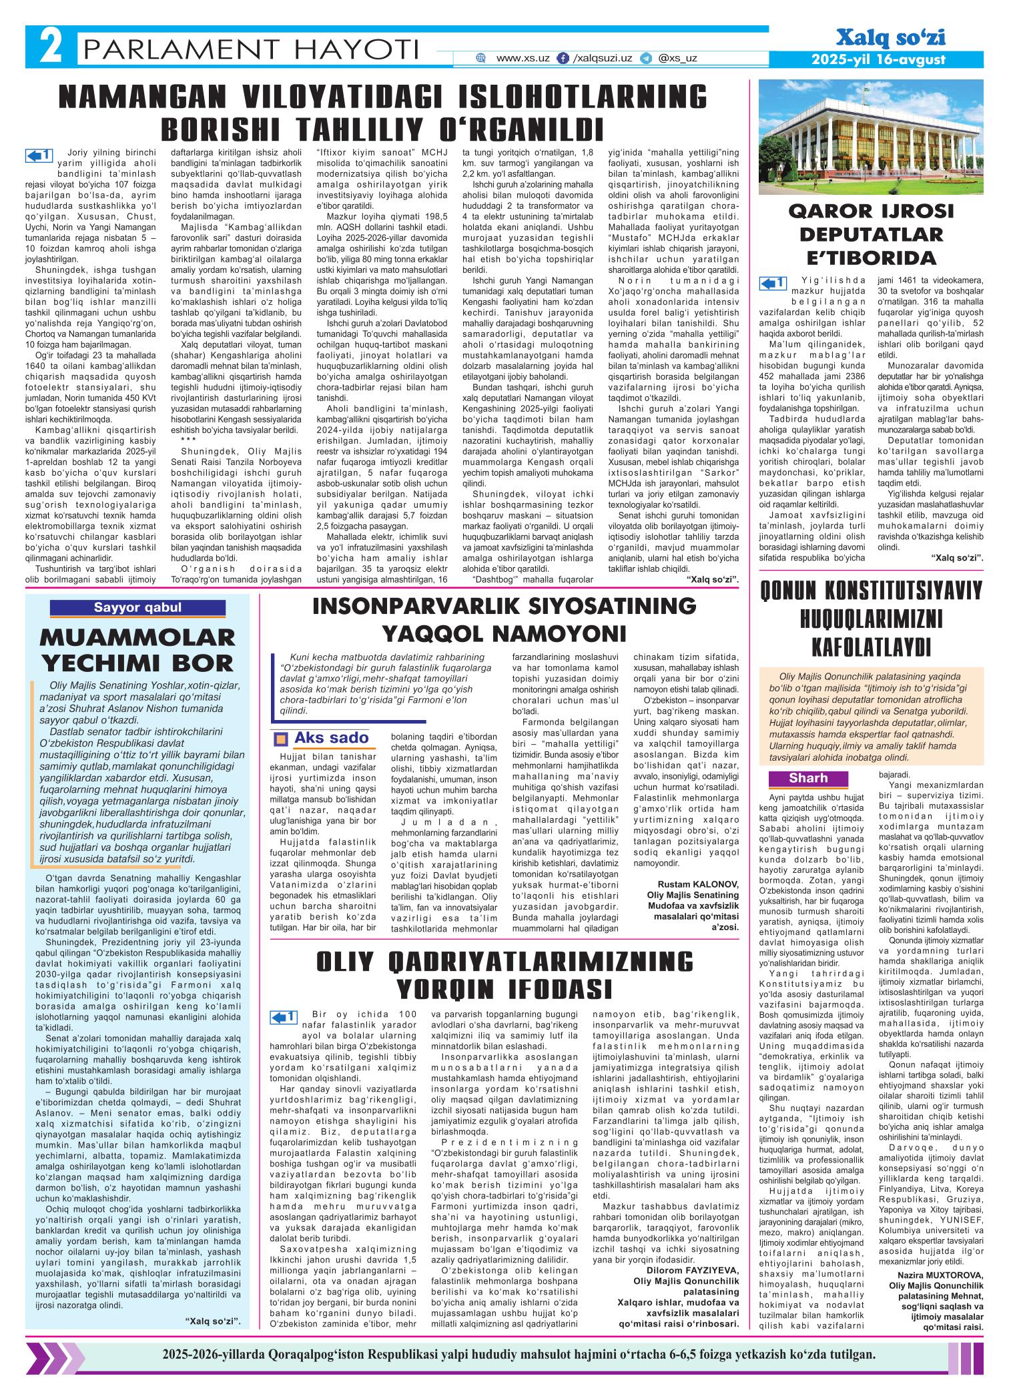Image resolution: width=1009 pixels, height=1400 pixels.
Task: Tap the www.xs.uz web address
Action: point(523,58)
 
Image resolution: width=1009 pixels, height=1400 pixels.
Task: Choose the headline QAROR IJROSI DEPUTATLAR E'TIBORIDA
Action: point(872,235)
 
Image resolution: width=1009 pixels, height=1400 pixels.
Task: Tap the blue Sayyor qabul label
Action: point(137,607)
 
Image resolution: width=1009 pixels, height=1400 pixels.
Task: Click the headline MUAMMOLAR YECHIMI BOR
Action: point(137,649)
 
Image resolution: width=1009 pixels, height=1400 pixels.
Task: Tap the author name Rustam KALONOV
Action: point(700,885)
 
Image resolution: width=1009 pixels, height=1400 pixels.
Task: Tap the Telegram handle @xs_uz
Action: point(677,58)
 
